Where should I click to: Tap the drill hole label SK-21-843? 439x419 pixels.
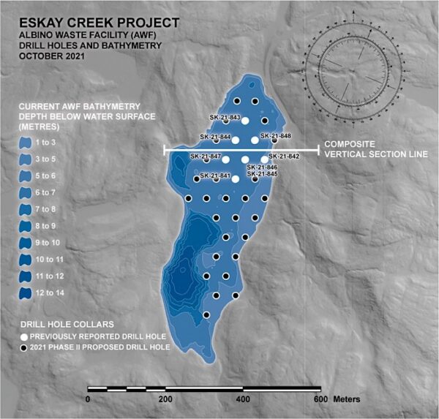[x=225, y=117]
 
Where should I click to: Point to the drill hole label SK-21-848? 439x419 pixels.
[x=276, y=136]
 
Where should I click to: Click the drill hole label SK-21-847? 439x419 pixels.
[x=206, y=156]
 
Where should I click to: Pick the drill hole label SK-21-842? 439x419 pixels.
[x=284, y=156]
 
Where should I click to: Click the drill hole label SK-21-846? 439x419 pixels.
[x=262, y=167]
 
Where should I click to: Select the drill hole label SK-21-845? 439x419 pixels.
[x=262, y=174]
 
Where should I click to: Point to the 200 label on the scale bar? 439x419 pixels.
[x=165, y=399]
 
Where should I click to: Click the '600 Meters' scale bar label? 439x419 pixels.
[x=331, y=399]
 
